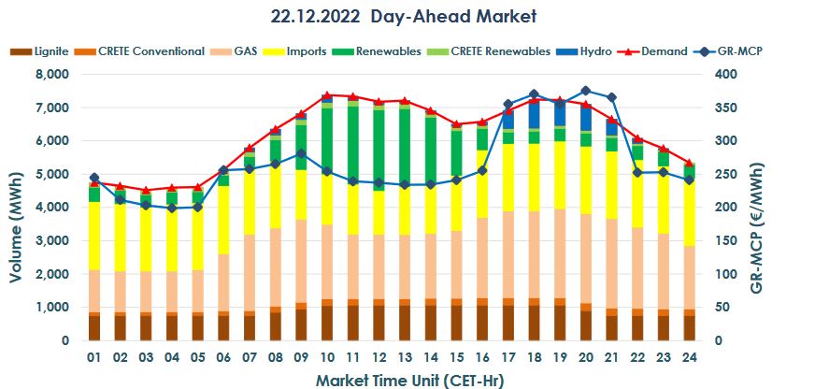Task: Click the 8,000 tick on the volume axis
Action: (x=50, y=74)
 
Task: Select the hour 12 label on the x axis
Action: (x=379, y=357)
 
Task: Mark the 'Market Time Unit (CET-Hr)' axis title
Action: (x=403, y=379)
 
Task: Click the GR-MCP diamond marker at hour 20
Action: (x=586, y=91)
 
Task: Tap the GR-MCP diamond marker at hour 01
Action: (x=94, y=178)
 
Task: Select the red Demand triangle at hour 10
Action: (x=327, y=95)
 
